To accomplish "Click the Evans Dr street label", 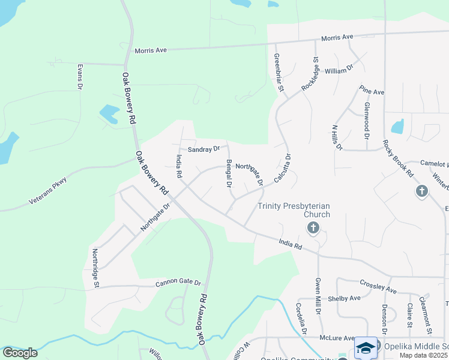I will click(79, 77).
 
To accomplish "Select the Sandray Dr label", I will click(204, 148).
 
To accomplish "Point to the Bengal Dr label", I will click(229, 175).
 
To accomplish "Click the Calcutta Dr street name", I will click(282, 169).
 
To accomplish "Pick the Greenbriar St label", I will click(278, 73).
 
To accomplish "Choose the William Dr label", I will click(339, 70).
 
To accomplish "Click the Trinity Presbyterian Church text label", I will click(294, 209).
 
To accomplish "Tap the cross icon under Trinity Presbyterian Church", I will click(312, 227).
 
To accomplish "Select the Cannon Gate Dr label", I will click(178, 283).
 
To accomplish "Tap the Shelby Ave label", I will click(344, 298).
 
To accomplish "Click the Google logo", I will click(19, 353).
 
